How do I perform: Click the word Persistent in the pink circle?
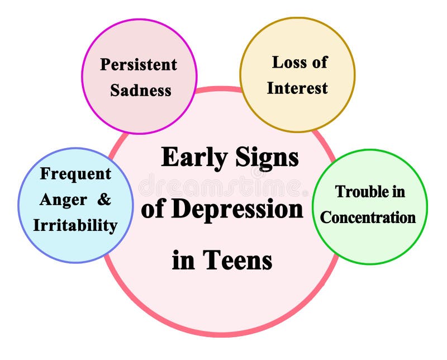click(139, 64)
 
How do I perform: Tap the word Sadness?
click(140, 90)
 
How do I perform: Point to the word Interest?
click(297, 88)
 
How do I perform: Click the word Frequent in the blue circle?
click(75, 174)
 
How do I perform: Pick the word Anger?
click(63, 200)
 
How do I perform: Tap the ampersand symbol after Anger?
click(104, 200)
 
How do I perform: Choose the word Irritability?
click(75, 225)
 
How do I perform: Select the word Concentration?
click(368, 217)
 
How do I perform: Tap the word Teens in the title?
click(237, 260)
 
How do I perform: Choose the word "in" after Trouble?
click(398, 192)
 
